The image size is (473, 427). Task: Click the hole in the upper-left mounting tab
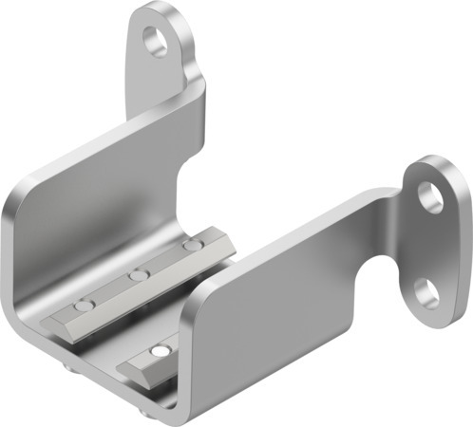click(154, 40)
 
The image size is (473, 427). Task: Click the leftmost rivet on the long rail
click(85, 306)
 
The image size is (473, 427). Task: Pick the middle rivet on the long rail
click(140, 275)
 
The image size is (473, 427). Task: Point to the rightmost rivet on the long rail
click(193, 246)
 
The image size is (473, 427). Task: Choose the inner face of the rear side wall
click(104, 209)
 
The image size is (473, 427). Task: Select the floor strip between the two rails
click(142, 323)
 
